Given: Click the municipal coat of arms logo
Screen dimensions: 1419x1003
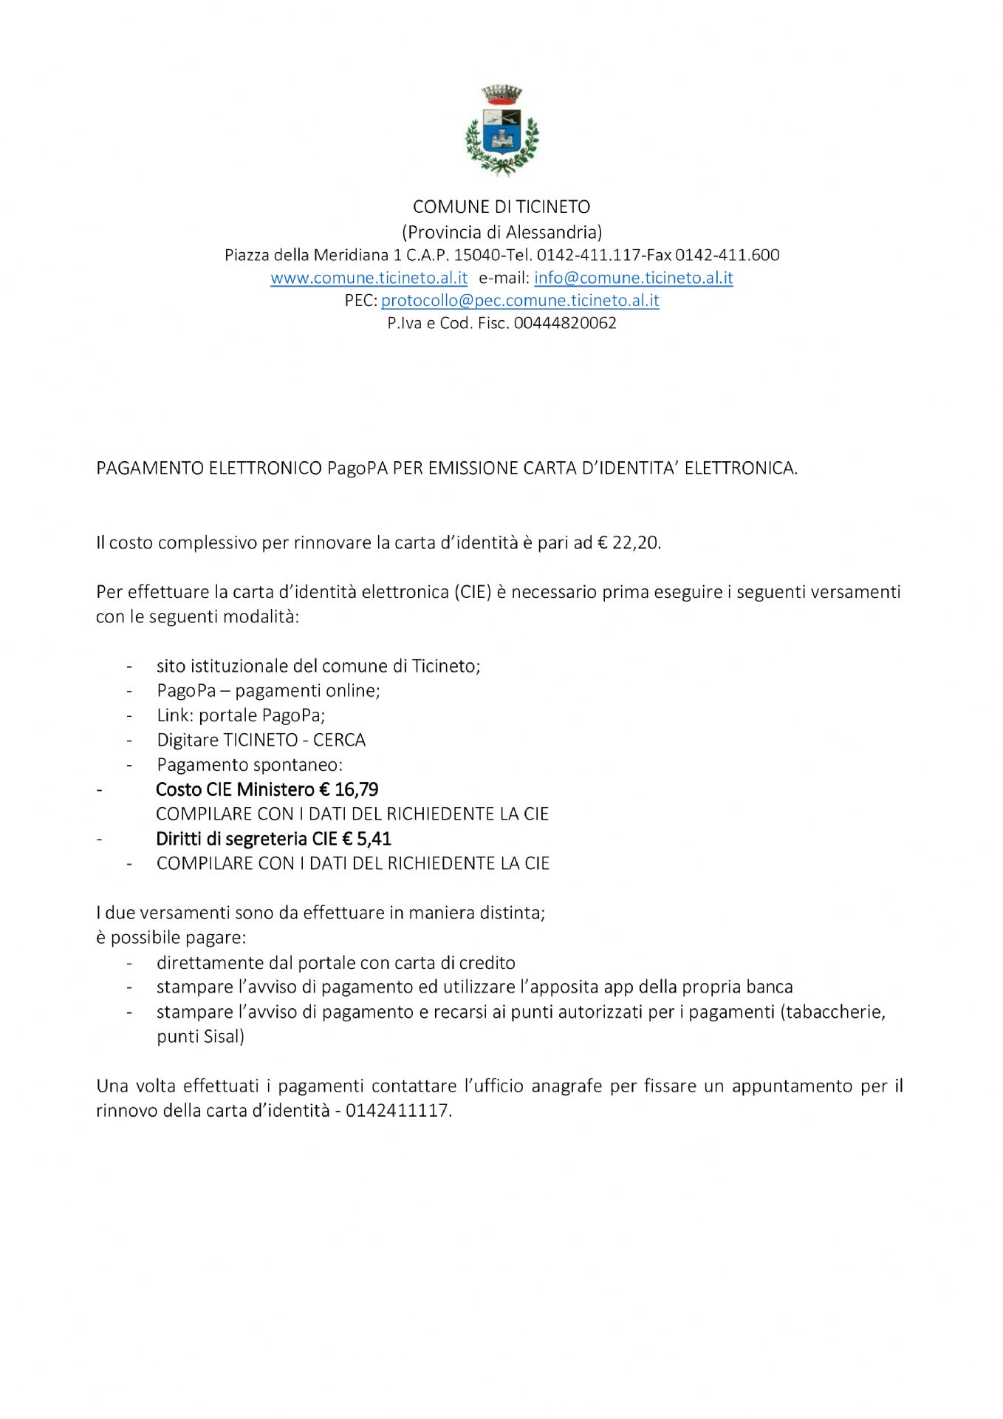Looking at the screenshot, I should coord(501,131).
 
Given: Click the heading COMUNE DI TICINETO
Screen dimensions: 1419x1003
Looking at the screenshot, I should coord(501,207).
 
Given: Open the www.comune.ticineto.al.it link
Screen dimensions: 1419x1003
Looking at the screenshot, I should coord(369,278).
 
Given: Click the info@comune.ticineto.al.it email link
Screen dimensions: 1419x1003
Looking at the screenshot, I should coord(633,278).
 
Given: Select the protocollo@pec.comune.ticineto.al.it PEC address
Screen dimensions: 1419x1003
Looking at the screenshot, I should coord(520,301).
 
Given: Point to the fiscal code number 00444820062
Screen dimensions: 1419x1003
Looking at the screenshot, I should coord(565,323).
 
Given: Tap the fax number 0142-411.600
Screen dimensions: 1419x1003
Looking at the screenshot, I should coord(727,256).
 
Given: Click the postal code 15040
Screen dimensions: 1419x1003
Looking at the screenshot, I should coord(476,256).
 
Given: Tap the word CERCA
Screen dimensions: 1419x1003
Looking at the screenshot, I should coord(340,740).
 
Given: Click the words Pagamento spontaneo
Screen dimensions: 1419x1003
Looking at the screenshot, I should coord(250,765).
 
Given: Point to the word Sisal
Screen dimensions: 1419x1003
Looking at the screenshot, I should coord(222,1036).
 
